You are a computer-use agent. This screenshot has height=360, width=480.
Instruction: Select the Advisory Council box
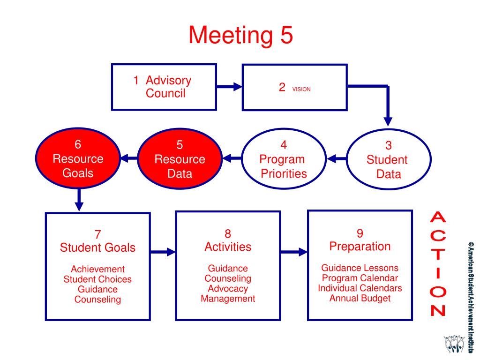[164, 87]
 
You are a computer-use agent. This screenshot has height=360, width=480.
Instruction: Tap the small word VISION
[301, 89]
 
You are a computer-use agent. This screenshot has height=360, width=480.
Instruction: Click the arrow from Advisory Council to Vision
[229, 87]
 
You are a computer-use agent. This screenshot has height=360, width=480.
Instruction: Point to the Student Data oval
[387, 160]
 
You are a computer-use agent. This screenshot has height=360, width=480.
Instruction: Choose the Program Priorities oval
[283, 159]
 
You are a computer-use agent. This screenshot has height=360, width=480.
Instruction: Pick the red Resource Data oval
[180, 159]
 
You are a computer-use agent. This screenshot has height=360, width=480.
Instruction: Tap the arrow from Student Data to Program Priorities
[337, 159]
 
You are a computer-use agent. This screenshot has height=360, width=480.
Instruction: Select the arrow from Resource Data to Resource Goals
[129, 159]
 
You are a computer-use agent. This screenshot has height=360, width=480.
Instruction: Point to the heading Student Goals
[97, 247]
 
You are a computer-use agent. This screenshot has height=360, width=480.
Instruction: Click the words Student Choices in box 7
[97, 279]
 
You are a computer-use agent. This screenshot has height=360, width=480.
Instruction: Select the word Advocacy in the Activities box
[228, 289]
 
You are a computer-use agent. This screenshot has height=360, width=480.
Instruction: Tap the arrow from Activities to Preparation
[294, 252]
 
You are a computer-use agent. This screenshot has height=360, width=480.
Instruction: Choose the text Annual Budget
[360, 298]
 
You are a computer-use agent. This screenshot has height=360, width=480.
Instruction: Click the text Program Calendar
[360, 278]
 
